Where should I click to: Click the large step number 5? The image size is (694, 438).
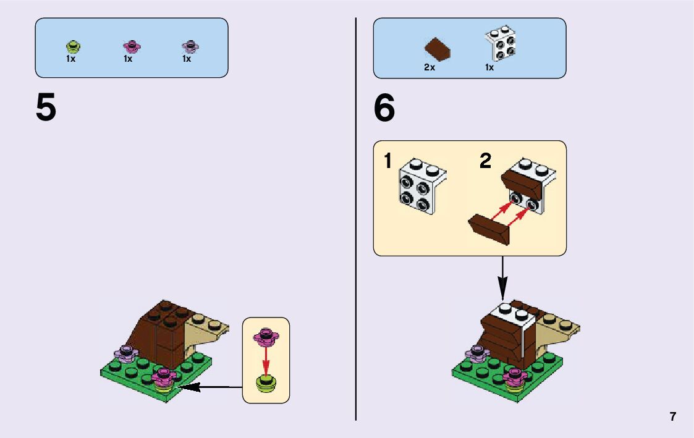(x=46, y=108)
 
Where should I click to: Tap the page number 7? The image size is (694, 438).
(x=672, y=416)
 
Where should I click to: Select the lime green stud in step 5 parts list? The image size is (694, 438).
(x=72, y=47)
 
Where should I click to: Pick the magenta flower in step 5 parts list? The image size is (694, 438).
(x=130, y=46)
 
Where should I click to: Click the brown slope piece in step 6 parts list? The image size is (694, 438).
(x=438, y=48)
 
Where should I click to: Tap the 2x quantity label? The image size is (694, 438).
(x=430, y=68)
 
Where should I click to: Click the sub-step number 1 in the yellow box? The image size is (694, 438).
(x=387, y=162)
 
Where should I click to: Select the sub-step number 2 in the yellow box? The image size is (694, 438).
(x=486, y=162)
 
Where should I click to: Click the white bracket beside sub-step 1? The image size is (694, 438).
(x=422, y=183)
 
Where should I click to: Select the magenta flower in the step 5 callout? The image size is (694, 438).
(x=266, y=337)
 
